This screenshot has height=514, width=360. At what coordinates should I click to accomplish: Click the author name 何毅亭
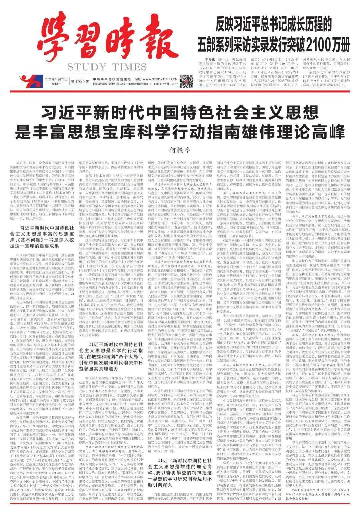click(180, 151)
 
